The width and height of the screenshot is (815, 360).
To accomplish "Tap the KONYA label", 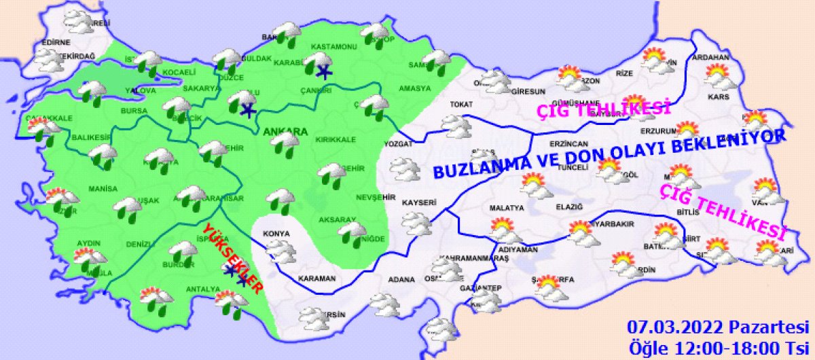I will click(x=276, y=234).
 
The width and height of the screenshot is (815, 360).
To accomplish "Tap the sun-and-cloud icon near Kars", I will click(x=717, y=76).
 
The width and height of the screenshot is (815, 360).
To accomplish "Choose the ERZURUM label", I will click(x=659, y=131).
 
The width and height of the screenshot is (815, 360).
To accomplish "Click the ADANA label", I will click(x=401, y=278).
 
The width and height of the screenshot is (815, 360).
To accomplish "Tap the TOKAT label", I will click(x=460, y=105).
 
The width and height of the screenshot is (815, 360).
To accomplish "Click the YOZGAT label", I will click(x=399, y=144).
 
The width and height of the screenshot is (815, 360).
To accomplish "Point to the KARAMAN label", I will click(x=316, y=278).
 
